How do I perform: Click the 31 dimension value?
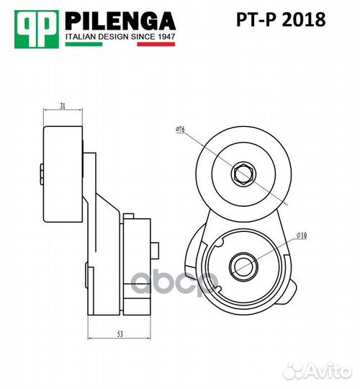[63, 107]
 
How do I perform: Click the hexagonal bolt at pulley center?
[241, 173]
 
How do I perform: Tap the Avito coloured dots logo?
[294, 371]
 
